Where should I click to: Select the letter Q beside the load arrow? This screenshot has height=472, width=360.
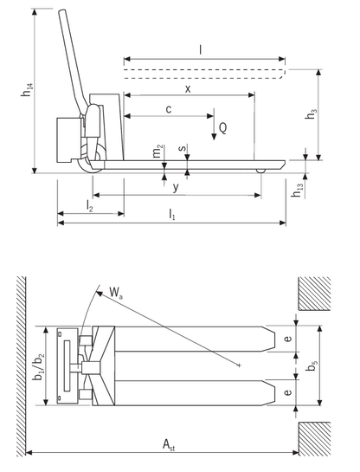224,127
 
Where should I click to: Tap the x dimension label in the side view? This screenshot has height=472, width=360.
187,88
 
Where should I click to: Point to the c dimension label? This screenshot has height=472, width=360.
168,109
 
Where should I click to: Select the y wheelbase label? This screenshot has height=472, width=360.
176,187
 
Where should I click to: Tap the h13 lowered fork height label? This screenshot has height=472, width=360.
298,191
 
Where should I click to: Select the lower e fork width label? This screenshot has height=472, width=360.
286,392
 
